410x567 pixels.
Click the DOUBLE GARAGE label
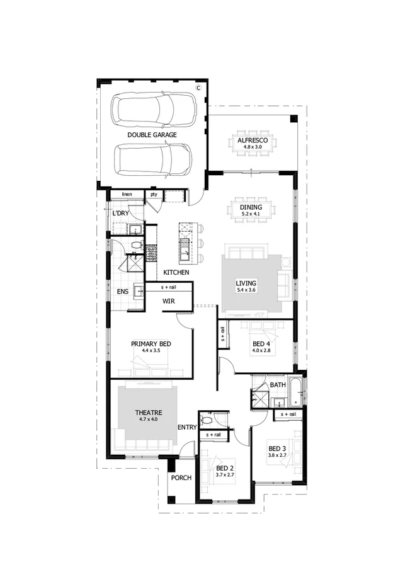(152, 135)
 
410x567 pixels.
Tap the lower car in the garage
(153, 161)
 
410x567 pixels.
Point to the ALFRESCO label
(252, 140)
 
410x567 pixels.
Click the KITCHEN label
(176, 272)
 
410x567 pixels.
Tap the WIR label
(169, 301)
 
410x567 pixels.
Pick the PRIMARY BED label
(151, 343)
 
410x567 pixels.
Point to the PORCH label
(181, 478)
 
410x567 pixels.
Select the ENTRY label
(187, 427)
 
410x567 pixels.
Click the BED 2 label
(225, 468)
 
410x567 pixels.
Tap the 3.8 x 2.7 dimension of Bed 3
(277, 454)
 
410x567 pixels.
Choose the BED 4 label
(261, 343)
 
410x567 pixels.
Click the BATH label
(278, 384)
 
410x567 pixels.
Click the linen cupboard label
(128, 194)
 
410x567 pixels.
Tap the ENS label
(123, 292)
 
